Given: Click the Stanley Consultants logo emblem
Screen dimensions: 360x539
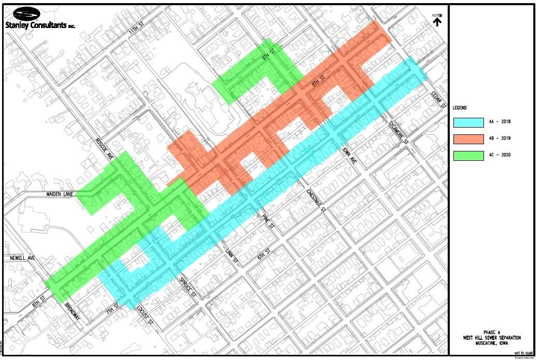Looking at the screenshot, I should (22, 13).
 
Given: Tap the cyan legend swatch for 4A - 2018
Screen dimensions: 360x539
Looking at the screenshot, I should (468, 122).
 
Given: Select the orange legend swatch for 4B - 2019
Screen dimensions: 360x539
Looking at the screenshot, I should (468, 139).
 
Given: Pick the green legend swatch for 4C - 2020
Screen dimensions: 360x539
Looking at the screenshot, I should (468, 155).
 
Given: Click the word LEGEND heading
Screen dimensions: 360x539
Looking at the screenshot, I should (460, 108).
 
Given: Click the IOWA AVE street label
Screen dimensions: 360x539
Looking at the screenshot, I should (350, 154).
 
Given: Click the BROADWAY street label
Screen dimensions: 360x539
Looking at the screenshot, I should (73, 313).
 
